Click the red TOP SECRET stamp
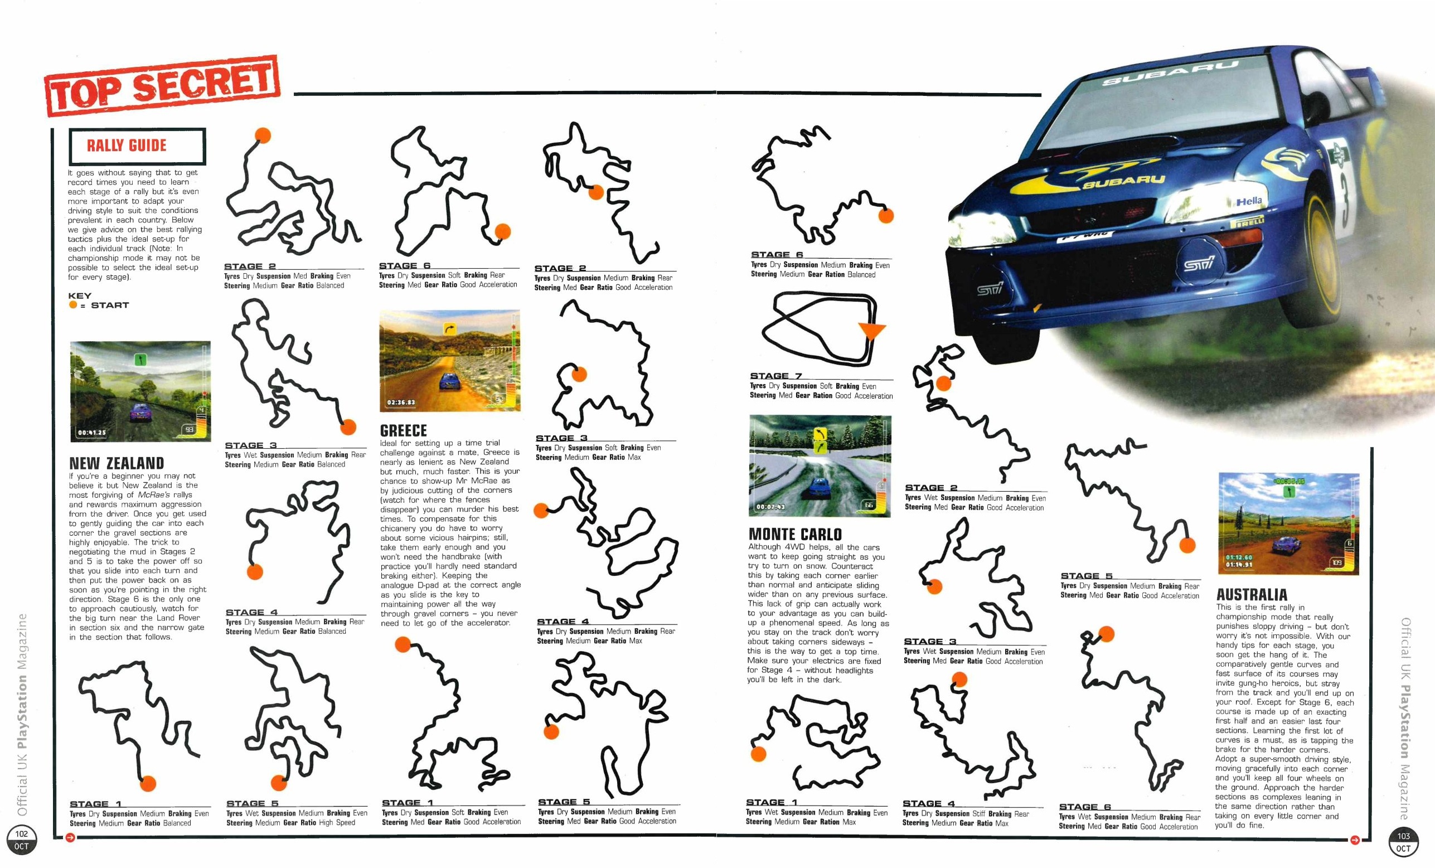pyautogui.click(x=162, y=86)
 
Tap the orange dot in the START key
pyautogui.click(x=73, y=305)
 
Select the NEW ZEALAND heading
pyautogui.click(x=117, y=463)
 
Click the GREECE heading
pyautogui.click(x=403, y=430)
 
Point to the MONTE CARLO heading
pyautogui.click(x=795, y=534)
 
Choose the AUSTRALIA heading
pyautogui.click(x=1252, y=594)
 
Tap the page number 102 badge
pyautogui.click(x=22, y=840)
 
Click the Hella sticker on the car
pyautogui.click(x=1249, y=201)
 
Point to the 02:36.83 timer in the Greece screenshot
pyautogui.click(x=401, y=402)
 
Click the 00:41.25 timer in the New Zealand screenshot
pyautogui.click(x=92, y=432)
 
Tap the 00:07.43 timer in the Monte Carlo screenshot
pyautogui.click(x=770, y=506)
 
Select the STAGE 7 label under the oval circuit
pyautogui.click(x=775, y=376)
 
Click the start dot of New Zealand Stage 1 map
pyautogui.click(x=148, y=783)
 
